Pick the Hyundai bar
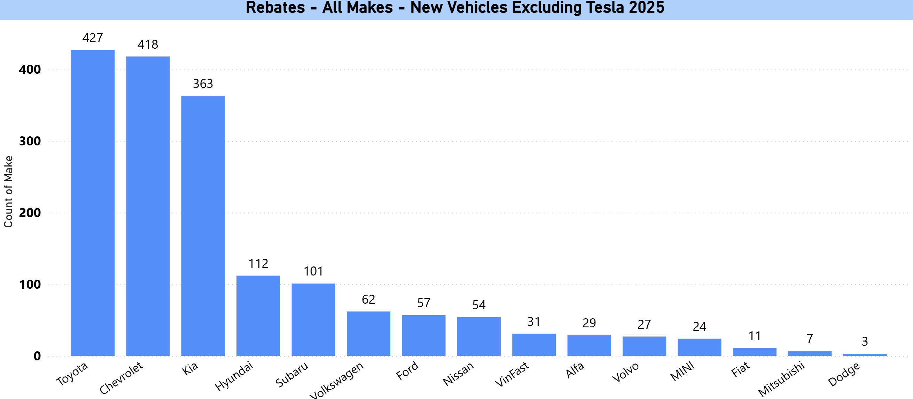click(x=258, y=316)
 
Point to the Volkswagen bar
click(x=368, y=334)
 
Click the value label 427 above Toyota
click(x=93, y=38)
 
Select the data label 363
click(x=203, y=84)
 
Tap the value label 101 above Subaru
click(x=313, y=272)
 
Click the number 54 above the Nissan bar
click(x=478, y=305)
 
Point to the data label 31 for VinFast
click(x=534, y=322)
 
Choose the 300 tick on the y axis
click(x=30, y=141)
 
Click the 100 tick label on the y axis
click(x=30, y=285)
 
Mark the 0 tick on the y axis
click(x=37, y=356)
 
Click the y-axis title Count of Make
click(x=8, y=192)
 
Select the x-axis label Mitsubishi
click(x=781, y=379)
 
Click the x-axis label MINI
click(x=682, y=372)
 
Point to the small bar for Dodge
click(x=865, y=354)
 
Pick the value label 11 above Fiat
click(x=755, y=336)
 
